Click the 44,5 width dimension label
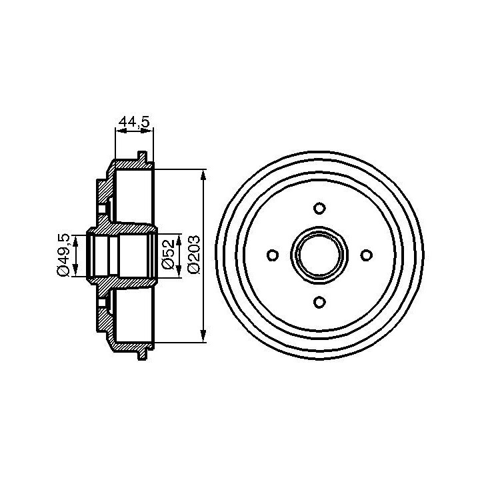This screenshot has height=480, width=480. (134, 122)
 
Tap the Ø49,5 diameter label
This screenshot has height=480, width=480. (63, 255)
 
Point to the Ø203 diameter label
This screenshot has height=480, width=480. (194, 255)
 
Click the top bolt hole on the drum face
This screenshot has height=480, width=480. (319, 208)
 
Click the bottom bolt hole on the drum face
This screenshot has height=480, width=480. (319, 302)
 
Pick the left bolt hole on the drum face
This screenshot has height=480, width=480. (273, 255)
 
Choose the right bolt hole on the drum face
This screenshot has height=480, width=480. (367, 255)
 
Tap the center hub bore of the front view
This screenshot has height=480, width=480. (319, 255)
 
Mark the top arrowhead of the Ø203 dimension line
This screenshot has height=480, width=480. (203, 176)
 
